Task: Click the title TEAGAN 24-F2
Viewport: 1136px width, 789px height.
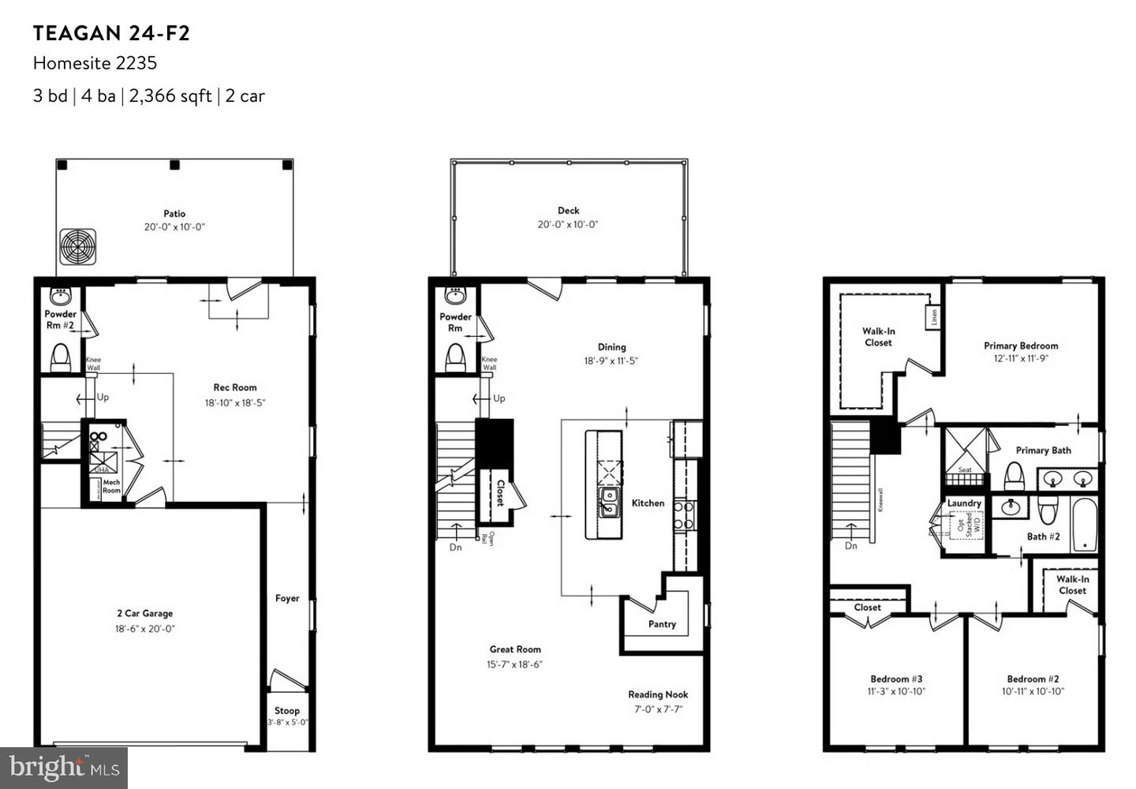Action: pos(111,33)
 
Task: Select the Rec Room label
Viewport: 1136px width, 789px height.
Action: pos(234,387)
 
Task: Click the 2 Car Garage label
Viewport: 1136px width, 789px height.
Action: pos(144,613)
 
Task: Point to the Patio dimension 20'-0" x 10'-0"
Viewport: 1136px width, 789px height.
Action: pos(174,227)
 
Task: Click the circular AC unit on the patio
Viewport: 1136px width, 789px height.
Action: pos(77,248)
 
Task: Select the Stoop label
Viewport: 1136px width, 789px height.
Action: pos(286,710)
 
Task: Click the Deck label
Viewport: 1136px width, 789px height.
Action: pos(568,211)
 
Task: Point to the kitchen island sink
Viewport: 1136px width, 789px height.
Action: pos(609,502)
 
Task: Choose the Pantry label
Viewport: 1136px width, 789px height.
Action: pos(662,624)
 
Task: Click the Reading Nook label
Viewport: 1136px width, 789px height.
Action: pos(658,694)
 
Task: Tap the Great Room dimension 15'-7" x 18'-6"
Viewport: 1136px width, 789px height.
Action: pos(514,664)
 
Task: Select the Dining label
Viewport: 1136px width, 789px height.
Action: pos(611,346)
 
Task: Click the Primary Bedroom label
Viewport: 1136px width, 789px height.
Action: pos(1021,346)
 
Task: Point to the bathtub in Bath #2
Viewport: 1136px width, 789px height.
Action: pos(1085,525)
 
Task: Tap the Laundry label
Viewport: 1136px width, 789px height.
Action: pos(964,503)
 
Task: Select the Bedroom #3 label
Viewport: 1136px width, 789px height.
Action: pos(896,679)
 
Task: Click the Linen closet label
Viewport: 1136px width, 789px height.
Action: pos(934,317)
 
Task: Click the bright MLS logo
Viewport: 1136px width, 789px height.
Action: pos(65,768)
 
